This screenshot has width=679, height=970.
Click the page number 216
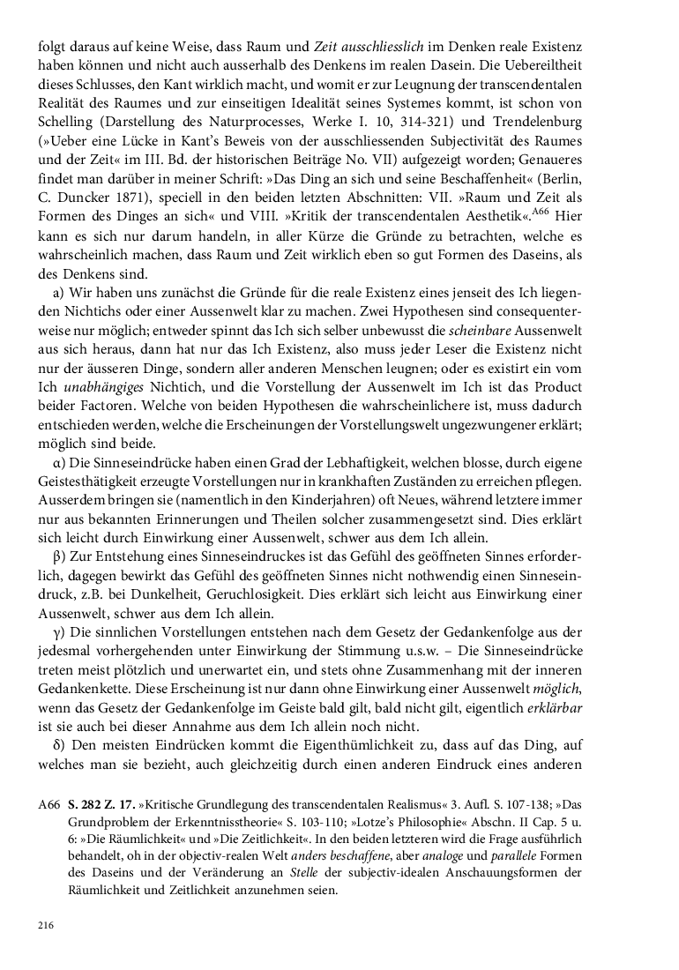click(x=47, y=924)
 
